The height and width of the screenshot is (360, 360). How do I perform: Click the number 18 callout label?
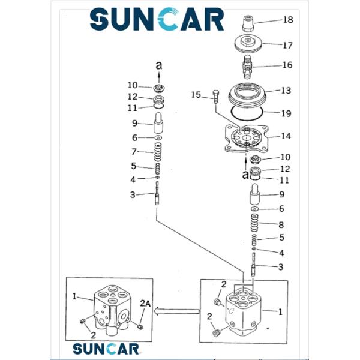click(288, 20)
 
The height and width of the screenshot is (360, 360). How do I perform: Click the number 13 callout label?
click(286, 91)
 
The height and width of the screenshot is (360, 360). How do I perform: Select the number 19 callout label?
click(286, 112)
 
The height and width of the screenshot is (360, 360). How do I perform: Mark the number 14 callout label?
click(286, 136)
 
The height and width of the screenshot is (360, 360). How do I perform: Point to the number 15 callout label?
click(196, 95)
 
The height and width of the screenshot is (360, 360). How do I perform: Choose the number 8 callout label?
click(281, 225)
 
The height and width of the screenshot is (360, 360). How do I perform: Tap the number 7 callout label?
click(135, 152)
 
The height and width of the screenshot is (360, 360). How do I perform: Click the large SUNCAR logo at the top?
click(157, 19)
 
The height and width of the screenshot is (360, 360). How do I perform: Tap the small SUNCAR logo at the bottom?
click(106, 348)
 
